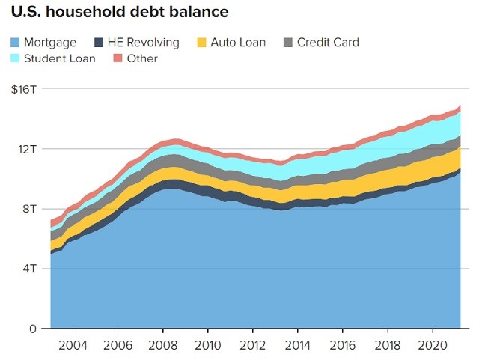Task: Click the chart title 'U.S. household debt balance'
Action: tap(118, 13)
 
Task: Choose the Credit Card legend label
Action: tap(328, 43)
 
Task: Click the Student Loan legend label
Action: tap(59, 58)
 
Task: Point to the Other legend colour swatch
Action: tap(118, 58)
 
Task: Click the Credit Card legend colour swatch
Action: tap(288, 43)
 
